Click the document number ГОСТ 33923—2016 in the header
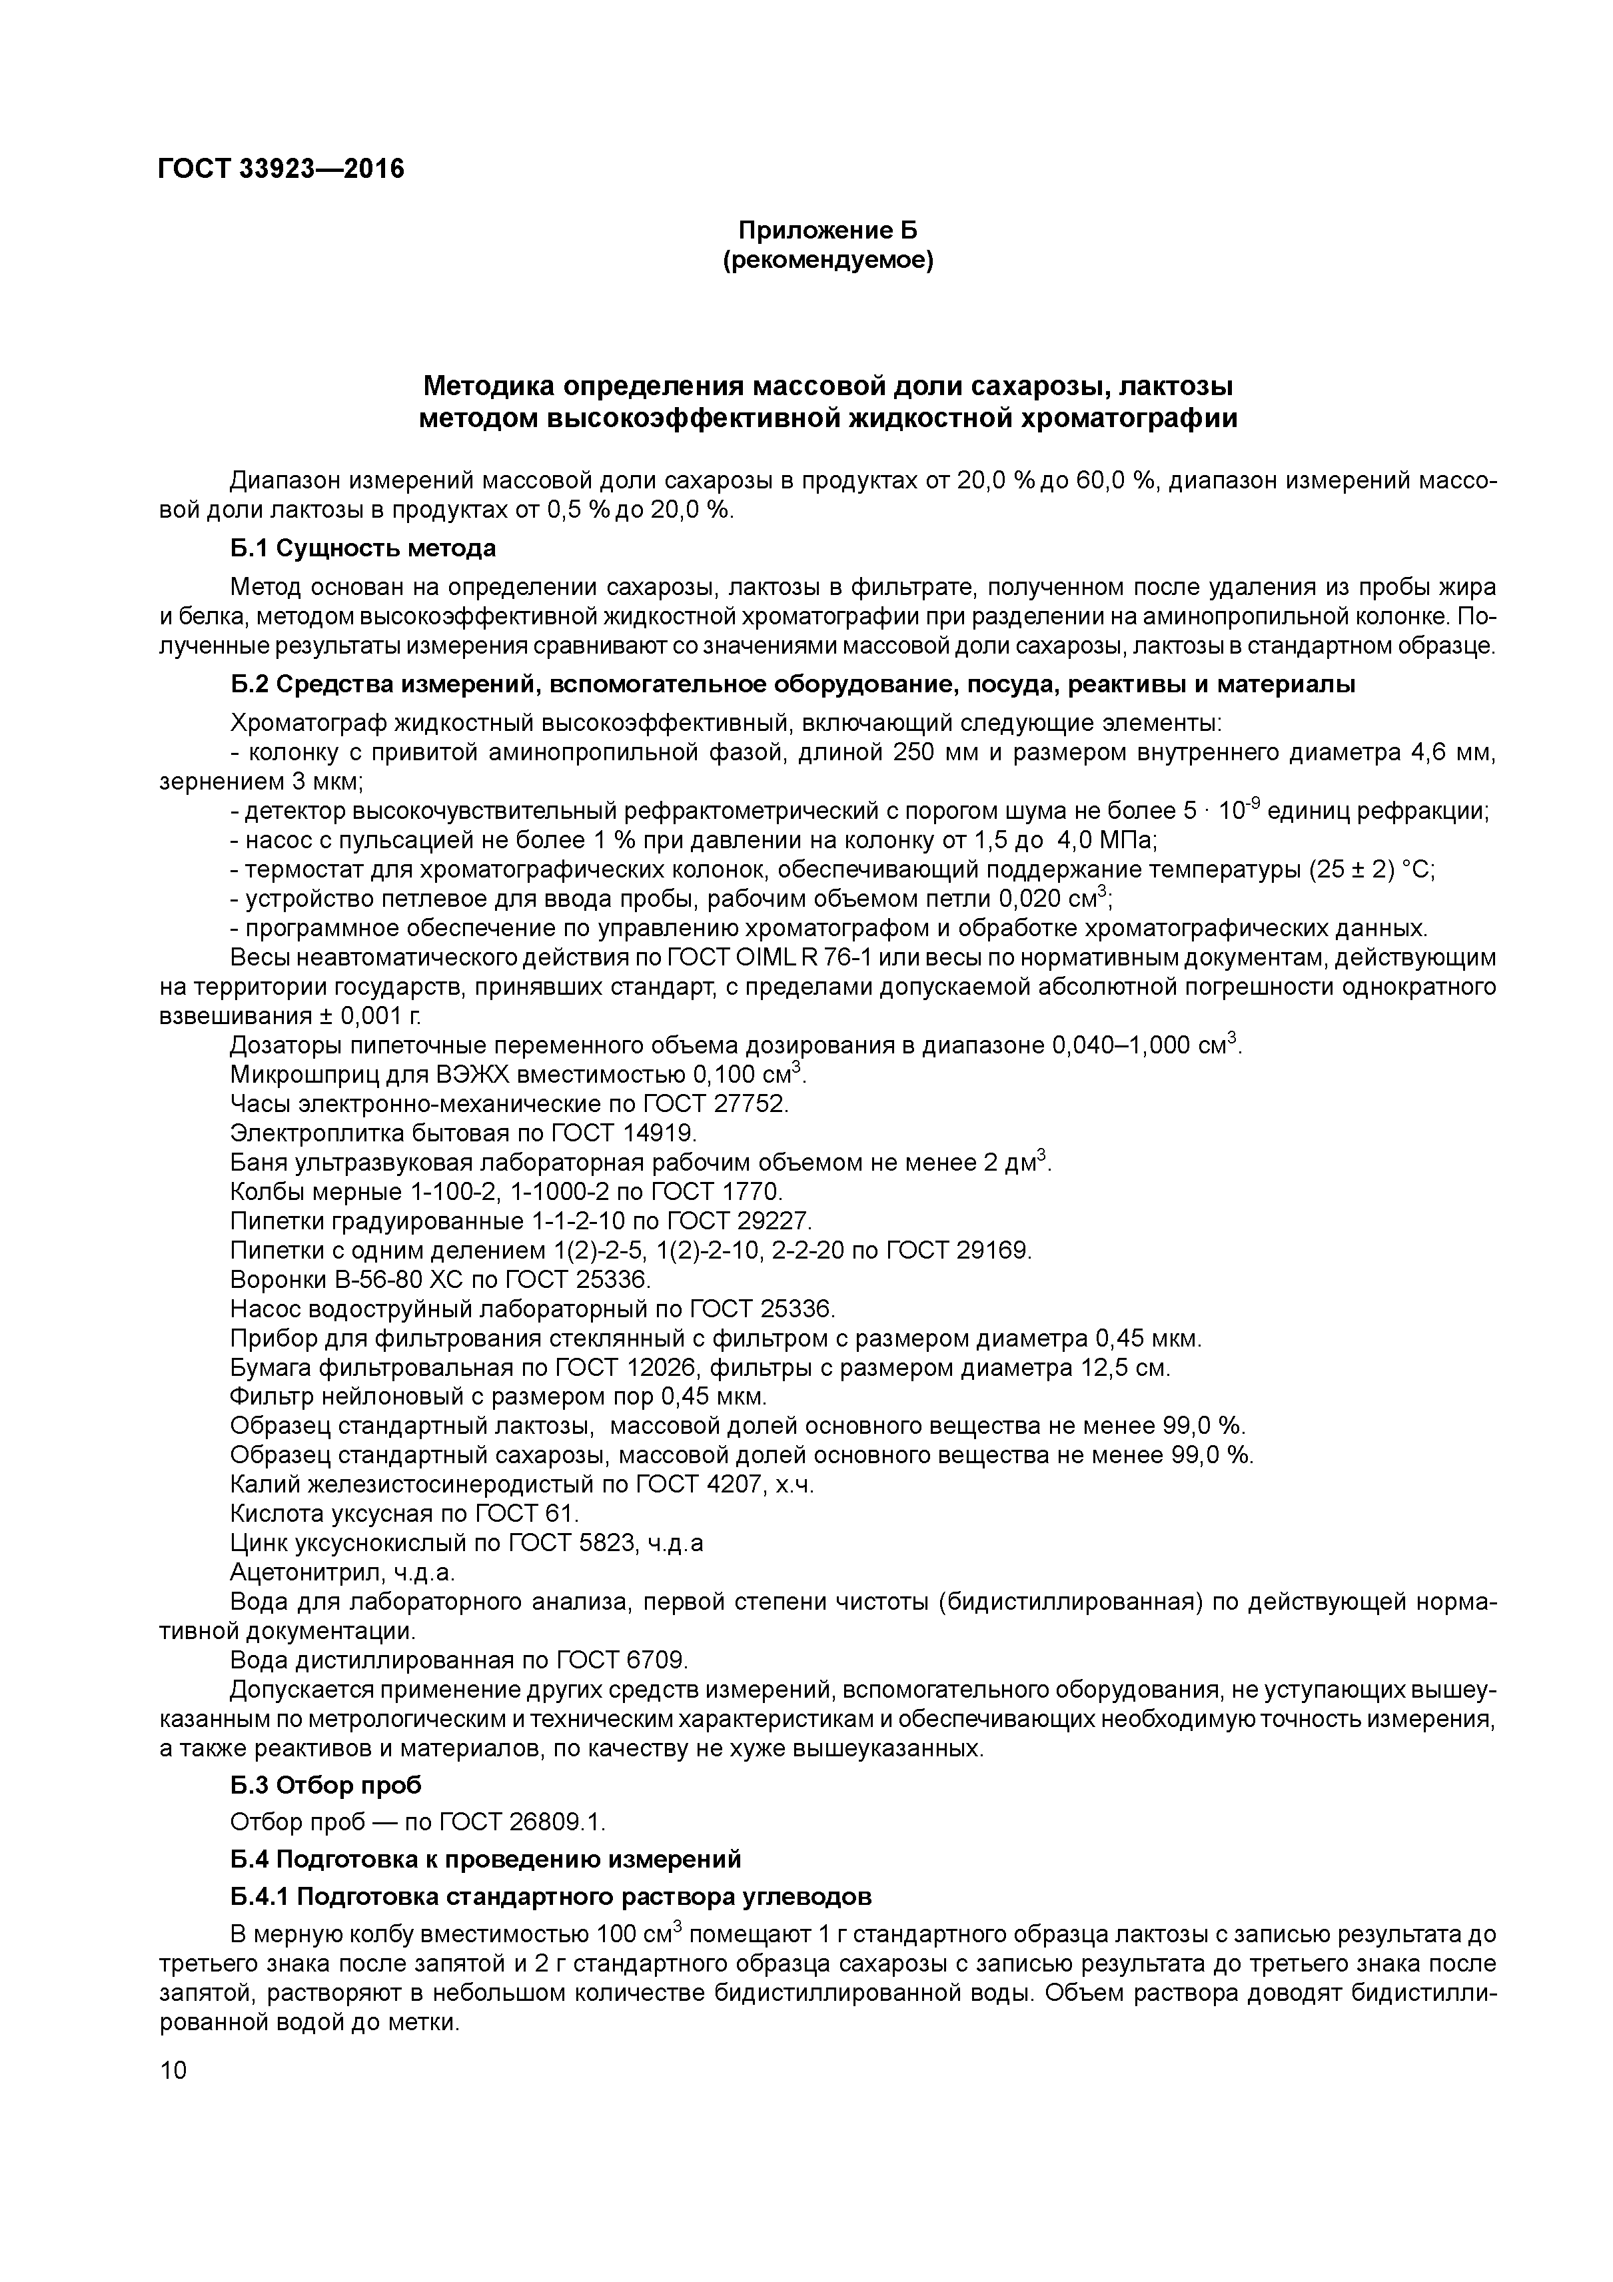281,169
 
